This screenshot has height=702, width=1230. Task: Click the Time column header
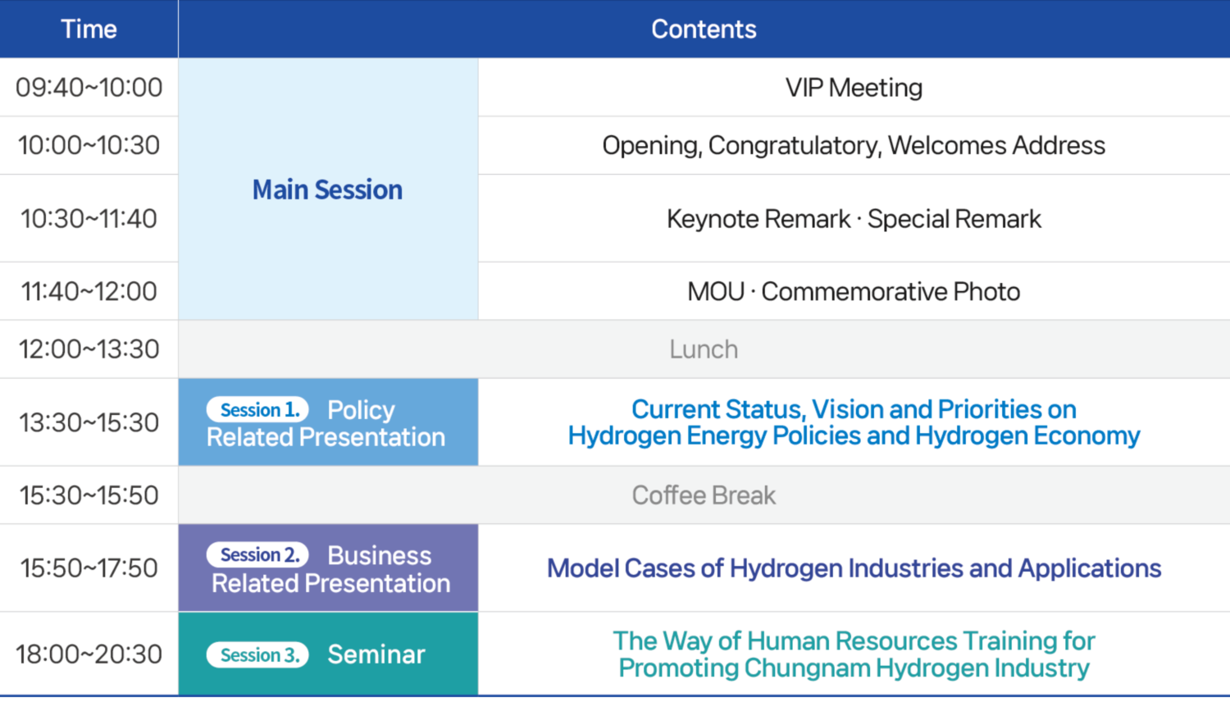(x=89, y=29)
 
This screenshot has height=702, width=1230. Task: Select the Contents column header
(x=704, y=29)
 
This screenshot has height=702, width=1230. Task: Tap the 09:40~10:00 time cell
(x=89, y=87)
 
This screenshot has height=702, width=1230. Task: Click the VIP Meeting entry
(x=854, y=87)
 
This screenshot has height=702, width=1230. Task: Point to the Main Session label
(x=327, y=189)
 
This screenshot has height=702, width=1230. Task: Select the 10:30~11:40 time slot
(x=89, y=219)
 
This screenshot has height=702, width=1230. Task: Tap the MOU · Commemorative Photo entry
(x=854, y=291)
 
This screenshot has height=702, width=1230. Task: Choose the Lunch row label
(x=704, y=349)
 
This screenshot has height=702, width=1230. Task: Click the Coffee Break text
(x=704, y=495)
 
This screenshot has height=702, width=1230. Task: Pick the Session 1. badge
(x=257, y=410)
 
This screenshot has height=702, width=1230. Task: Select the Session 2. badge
(x=257, y=554)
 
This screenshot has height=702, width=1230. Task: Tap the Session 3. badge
(x=257, y=654)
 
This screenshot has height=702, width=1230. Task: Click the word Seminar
(x=376, y=654)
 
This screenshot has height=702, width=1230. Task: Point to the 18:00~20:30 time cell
(x=89, y=654)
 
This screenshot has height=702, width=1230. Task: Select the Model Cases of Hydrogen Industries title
(x=854, y=568)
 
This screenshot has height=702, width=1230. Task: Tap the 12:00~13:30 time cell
(x=89, y=349)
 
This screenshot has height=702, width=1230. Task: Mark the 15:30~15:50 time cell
(x=89, y=495)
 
